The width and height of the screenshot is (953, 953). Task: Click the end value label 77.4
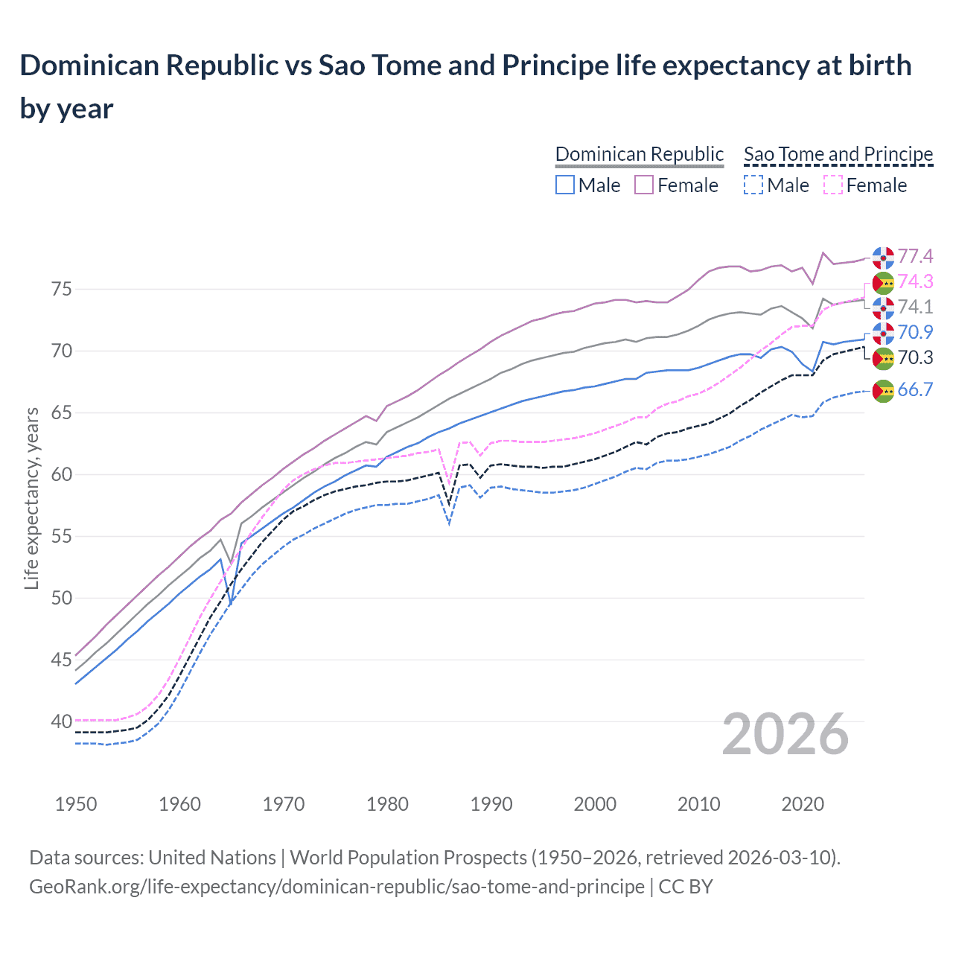pos(915,257)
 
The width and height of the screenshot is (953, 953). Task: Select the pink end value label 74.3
pos(915,282)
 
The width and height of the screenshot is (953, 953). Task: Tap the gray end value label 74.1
pos(915,307)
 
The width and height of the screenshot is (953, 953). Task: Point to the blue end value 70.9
pos(915,333)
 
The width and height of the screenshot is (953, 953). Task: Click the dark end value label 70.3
pos(915,358)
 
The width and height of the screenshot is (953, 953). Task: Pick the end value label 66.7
pos(915,390)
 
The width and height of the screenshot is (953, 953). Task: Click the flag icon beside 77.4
pos(883,257)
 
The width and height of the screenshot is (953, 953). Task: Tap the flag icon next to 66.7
pos(883,390)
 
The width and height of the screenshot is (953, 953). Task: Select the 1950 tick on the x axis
pos(76,805)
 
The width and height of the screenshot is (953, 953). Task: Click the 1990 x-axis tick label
pos(491,805)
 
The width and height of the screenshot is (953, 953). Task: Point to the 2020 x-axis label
pos(803,805)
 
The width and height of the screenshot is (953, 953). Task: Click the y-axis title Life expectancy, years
pos(31,499)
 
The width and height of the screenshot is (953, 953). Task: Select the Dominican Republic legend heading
pos(639,154)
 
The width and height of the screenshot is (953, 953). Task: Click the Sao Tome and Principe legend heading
pos(838,154)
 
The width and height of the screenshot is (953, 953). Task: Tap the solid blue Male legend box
pos(565,185)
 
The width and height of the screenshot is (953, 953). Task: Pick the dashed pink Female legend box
pos(833,185)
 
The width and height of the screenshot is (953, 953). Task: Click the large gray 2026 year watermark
pos(785,735)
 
